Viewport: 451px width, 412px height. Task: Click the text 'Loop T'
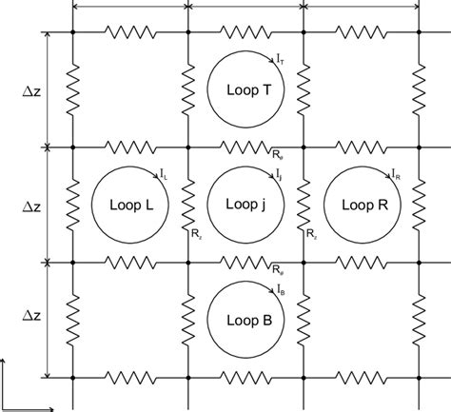(x=245, y=89)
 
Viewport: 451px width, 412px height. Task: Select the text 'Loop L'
(x=129, y=205)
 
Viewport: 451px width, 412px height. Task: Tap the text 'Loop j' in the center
(x=245, y=205)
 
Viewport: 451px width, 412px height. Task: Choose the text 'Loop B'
(x=245, y=320)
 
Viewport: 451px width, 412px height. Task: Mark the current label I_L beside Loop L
(x=164, y=176)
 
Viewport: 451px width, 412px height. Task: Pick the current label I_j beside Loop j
(x=279, y=176)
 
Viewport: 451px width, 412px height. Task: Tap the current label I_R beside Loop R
(x=394, y=176)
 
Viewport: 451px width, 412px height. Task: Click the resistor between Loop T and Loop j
(x=245, y=147)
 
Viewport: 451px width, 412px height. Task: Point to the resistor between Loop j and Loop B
(x=245, y=262)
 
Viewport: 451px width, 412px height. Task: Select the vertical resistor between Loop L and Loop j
(x=188, y=205)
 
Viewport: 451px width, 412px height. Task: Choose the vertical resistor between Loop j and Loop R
(x=304, y=205)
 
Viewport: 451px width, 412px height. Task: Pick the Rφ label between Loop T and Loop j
(x=275, y=156)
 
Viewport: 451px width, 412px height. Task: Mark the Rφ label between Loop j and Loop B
(x=275, y=270)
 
